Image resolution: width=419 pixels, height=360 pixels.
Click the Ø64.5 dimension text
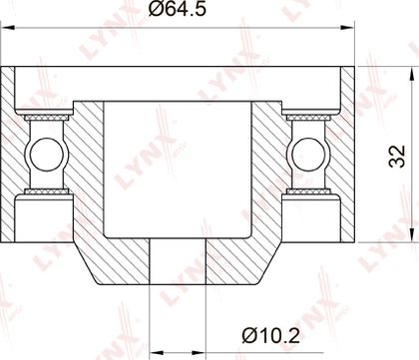click(178, 9)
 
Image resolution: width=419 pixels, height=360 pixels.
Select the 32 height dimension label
click(398, 156)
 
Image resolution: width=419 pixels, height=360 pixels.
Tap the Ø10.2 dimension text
click(271, 335)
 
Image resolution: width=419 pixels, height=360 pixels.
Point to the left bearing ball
click(47, 155)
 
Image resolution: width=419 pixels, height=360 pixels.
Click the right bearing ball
click(308, 155)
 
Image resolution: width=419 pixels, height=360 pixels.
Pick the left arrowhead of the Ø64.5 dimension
click(8, 27)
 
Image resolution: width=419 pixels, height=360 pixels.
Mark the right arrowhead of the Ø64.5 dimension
click(347, 27)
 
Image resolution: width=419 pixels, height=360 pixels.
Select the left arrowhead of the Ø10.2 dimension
click(157, 352)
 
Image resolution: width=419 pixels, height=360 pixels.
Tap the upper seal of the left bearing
click(47, 118)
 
